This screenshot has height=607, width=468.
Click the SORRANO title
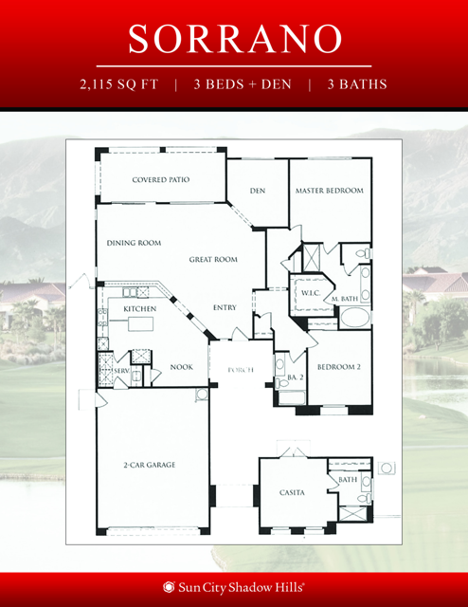pos(234,38)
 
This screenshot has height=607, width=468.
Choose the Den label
pos(257,191)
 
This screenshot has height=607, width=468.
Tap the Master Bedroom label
pos(329,191)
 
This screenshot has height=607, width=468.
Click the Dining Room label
pos(134,243)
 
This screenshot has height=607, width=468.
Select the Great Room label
pos(212,259)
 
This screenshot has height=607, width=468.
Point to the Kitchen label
pos(139,308)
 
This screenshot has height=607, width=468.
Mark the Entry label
pos(225,307)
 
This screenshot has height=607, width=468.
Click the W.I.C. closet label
pos(311,293)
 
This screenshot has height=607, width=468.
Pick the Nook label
pos(181,366)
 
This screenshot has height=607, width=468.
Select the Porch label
pos(238,369)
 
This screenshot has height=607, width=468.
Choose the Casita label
pos(291,493)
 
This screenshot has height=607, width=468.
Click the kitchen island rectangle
pos(140,325)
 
